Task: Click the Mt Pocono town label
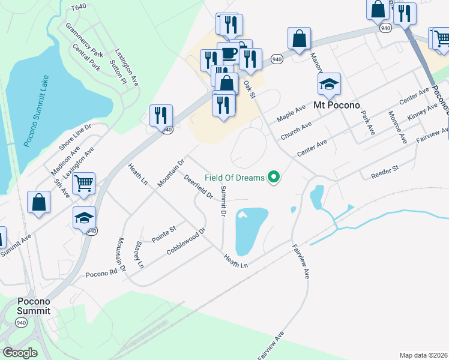tap(337, 105)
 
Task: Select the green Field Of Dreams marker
tap(274, 178)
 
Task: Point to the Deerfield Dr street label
tap(199, 186)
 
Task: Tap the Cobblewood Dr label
tap(186, 240)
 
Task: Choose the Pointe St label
tap(163, 234)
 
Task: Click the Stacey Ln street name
tap(139, 254)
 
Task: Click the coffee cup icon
tap(229, 52)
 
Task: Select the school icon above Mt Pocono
tap(328, 85)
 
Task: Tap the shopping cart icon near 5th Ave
tap(84, 182)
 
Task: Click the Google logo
tap(20, 353)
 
